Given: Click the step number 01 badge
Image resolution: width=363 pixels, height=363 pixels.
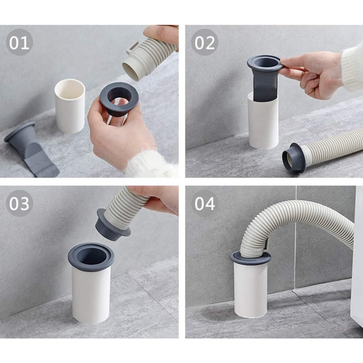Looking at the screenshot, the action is tap(19, 42).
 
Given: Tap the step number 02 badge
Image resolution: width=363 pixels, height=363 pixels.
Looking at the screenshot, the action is tap(205, 42).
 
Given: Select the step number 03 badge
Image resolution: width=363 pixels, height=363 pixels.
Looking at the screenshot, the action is tap(19, 203).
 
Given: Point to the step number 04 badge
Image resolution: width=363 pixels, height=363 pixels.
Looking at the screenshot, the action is tap(205, 203).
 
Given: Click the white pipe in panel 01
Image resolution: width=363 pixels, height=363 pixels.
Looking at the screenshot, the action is tap(70, 106).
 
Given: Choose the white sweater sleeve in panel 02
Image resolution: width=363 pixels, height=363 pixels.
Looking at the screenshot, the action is tap(352, 67).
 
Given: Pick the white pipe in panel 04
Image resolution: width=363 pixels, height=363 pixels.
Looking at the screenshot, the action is tap(251, 289).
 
